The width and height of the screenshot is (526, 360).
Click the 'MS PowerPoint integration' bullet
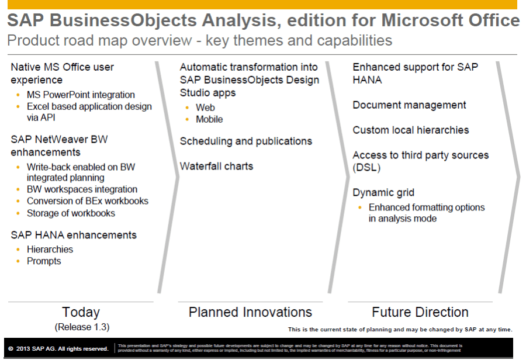(x=81, y=95)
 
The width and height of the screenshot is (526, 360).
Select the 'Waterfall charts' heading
(x=216, y=166)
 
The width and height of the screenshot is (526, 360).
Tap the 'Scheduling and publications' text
(x=245, y=141)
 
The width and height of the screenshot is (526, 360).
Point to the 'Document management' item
(x=409, y=105)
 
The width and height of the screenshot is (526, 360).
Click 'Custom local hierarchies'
(x=410, y=130)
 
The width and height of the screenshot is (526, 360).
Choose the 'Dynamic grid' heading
(x=383, y=192)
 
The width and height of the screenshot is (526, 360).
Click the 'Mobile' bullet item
(x=209, y=119)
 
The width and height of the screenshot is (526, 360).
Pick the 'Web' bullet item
(x=205, y=108)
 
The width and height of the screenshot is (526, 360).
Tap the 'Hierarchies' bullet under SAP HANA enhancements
(x=50, y=249)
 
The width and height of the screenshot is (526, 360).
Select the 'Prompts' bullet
(x=44, y=261)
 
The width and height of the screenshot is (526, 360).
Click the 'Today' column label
(x=81, y=312)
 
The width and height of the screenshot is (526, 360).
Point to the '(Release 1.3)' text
(x=82, y=326)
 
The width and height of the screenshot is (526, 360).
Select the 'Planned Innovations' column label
(x=250, y=312)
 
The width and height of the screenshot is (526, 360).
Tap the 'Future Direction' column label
(x=420, y=312)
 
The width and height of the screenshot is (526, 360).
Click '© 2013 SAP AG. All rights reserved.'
(x=58, y=349)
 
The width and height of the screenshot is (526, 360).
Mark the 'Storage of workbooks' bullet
(x=71, y=213)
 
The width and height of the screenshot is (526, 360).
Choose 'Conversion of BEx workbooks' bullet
(x=88, y=201)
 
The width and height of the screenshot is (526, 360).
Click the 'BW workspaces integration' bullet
(x=82, y=189)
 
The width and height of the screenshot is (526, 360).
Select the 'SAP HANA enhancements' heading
(x=74, y=235)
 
